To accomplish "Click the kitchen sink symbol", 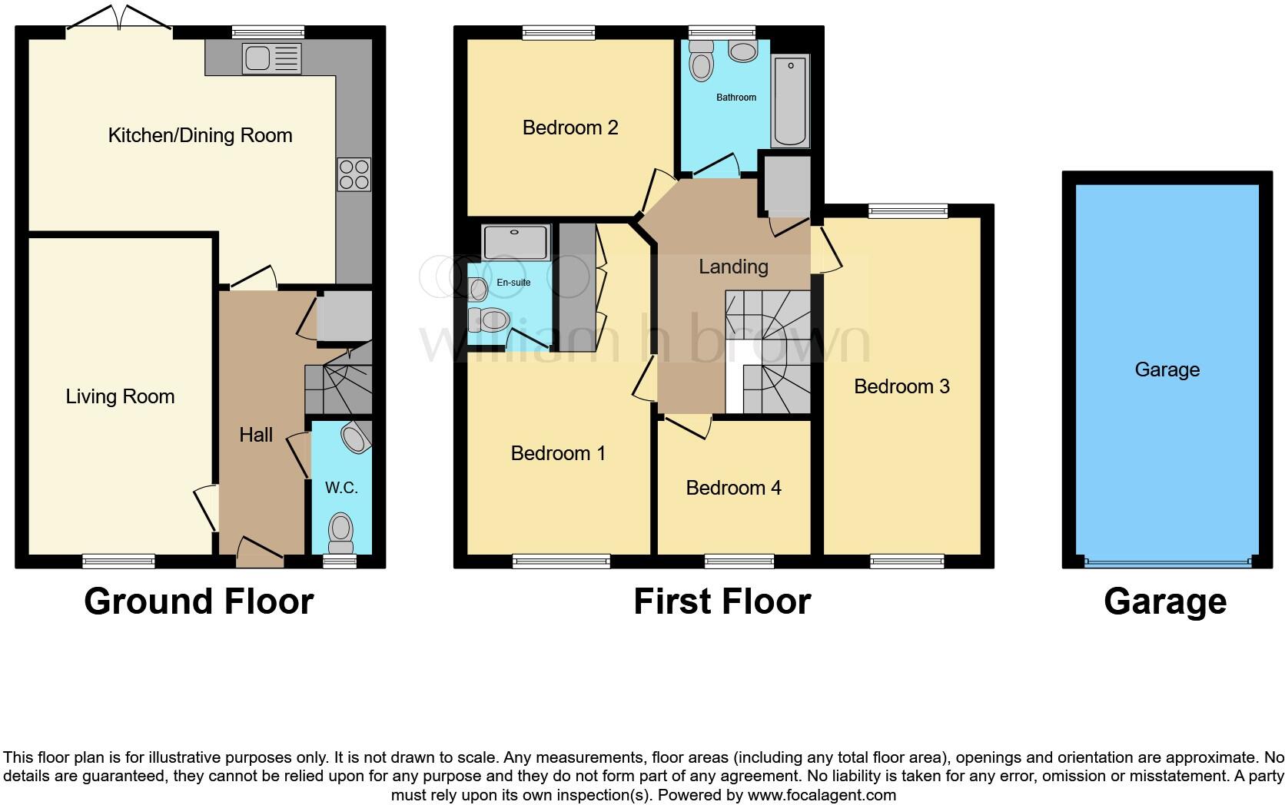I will coord(271,59).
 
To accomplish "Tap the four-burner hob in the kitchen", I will coord(354,174).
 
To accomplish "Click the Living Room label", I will coord(120,396).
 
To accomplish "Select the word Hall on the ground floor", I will coord(256,435).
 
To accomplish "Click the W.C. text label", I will coord(341,488).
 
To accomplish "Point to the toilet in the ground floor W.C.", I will coord(340,529).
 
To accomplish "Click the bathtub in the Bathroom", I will coord(791,101).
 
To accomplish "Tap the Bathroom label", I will coord(735,98).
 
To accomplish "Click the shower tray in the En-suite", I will coord(516,241).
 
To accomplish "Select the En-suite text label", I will coord(513,283).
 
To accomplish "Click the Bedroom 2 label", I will coord(570,128).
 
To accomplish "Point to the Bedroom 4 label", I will coord(733,488).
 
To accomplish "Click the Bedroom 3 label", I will coord(901,386).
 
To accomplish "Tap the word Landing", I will coord(733,267).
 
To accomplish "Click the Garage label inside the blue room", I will coord(1167,369).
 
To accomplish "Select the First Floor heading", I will coord(722,601).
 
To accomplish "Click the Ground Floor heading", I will coord(199,601).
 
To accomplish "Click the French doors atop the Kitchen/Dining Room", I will coord(119,22).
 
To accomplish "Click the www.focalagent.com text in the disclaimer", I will coord(822,795).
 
